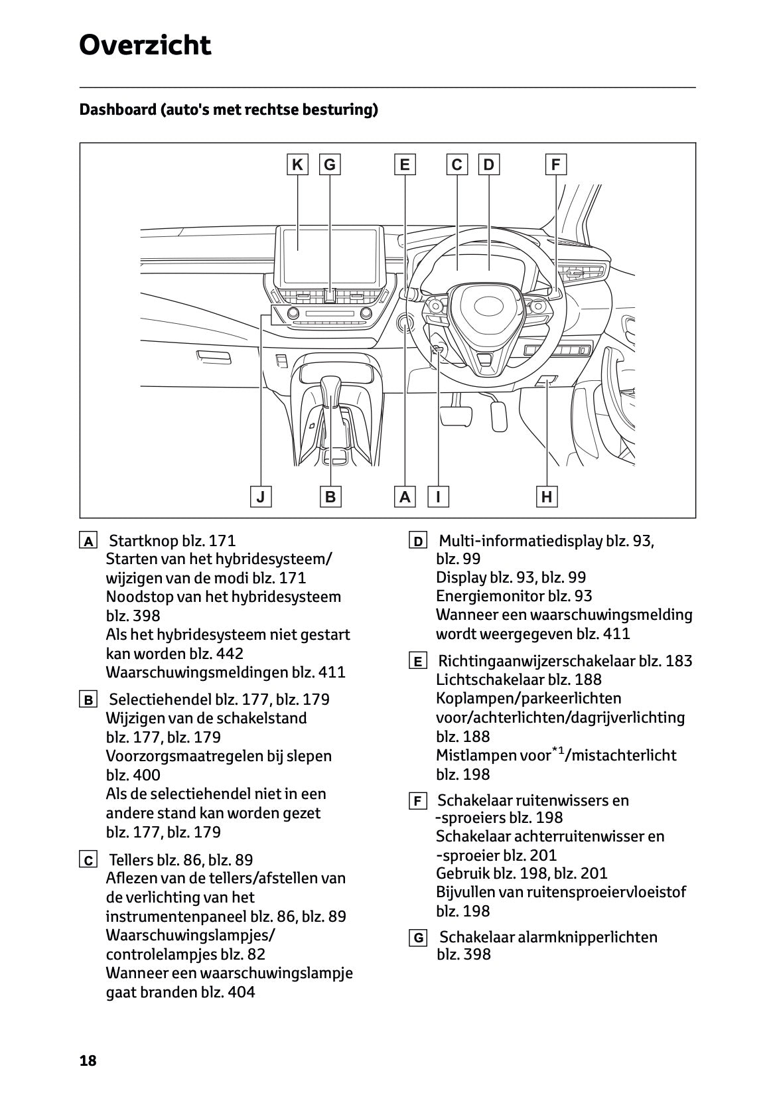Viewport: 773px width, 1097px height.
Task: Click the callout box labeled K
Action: (297, 165)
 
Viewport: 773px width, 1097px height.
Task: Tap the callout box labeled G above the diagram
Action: (330, 165)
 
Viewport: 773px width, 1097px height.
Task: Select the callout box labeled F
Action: (555, 165)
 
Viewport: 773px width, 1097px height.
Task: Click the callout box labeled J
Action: (261, 496)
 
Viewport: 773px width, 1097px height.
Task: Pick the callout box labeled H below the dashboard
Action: (547, 496)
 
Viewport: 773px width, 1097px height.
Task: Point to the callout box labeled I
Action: (438, 496)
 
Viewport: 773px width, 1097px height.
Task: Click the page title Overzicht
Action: (145, 45)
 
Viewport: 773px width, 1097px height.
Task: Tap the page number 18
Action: (88, 1060)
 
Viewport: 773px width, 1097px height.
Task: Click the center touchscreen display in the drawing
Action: (330, 249)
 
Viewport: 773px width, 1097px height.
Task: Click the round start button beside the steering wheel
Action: (405, 323)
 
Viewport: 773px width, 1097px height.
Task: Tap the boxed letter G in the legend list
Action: (418, 938)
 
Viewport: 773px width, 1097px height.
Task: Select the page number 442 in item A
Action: (230, 653)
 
